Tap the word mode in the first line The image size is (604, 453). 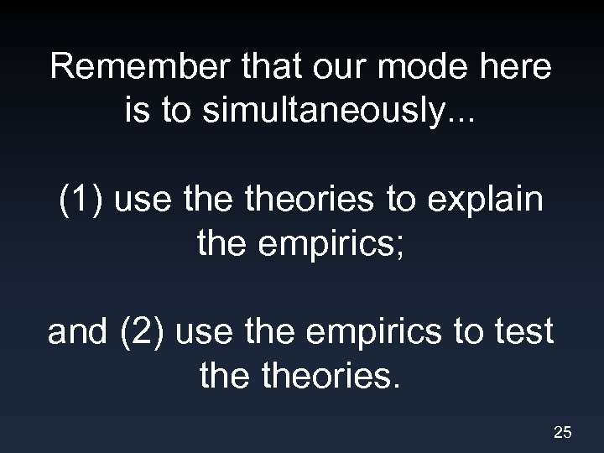[x=412, y=68]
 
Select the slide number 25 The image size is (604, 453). [x=563, y=433]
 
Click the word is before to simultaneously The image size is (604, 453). [x=137, y=112]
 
